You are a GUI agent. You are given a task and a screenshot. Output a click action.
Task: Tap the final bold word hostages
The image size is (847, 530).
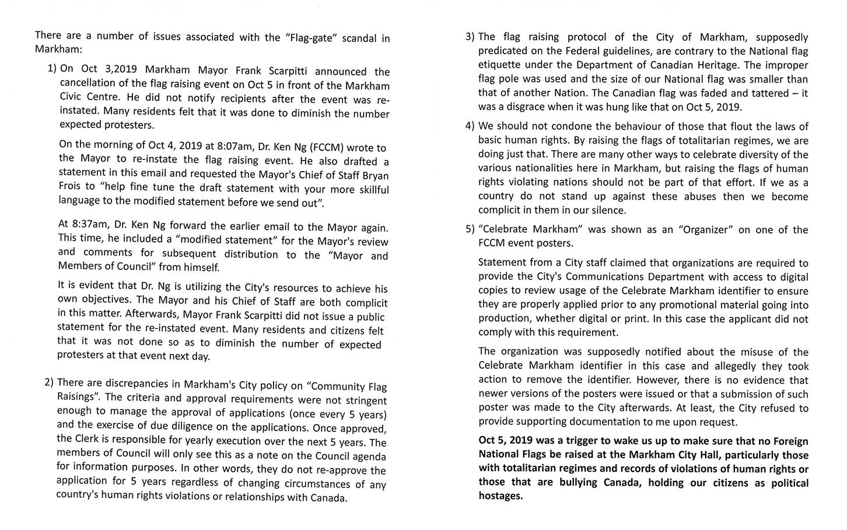click(501, 497)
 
